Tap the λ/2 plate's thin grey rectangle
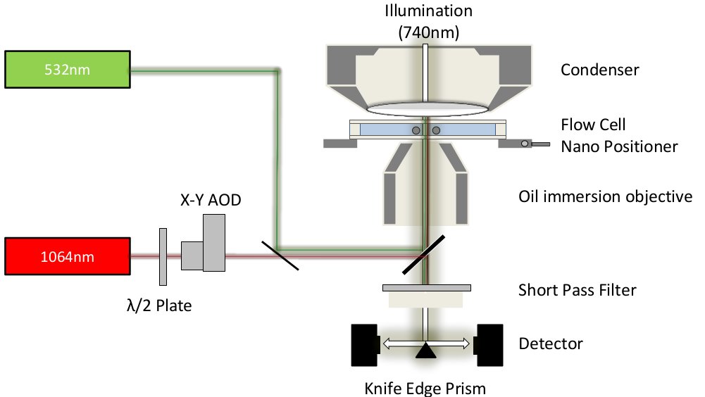163,256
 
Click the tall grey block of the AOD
214,242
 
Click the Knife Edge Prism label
425,388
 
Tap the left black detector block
364,345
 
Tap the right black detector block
489,345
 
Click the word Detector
550,344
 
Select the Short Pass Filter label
577,289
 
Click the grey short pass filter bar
426,287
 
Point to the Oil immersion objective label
605,196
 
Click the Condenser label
599,70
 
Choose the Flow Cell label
593,125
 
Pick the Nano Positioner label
618,146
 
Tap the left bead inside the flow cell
416,130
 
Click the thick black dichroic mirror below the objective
427,254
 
